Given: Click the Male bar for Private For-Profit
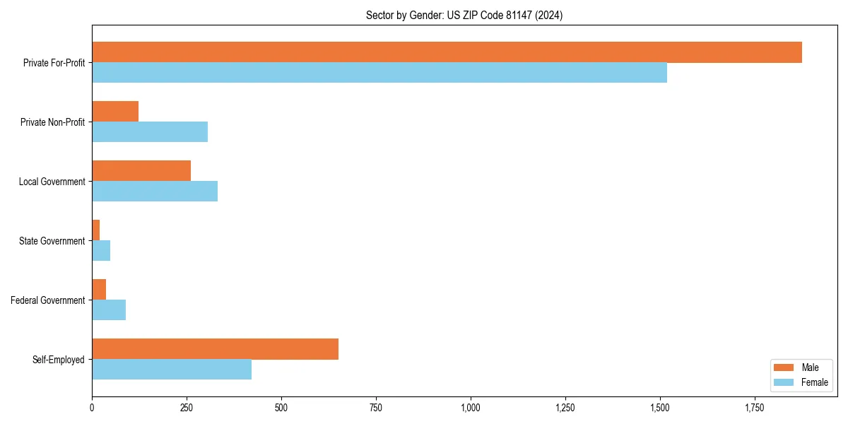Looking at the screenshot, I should (x=447, y=52).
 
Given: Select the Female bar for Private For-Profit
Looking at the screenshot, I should (x=379, y=73).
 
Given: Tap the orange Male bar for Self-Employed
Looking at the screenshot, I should (x=215, y=349).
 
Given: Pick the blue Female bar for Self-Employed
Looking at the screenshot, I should (x=172, y=370).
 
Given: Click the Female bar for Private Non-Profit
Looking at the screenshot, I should (x=150, y=132).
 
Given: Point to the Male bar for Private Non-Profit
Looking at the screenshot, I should (x=115, y=112).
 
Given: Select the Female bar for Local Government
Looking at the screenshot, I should (x=155, y=192).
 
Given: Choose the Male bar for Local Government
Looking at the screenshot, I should (x=141, y=171).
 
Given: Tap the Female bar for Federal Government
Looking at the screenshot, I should (x=109, y=310).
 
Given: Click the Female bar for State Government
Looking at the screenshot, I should (x=101, y=251).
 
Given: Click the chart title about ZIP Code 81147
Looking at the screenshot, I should (x=464, y=15).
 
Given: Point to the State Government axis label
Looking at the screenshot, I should (x=52, y=241).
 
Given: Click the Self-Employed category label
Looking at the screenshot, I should (x=58, y=360).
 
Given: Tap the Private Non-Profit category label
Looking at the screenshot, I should (x=52, y=122).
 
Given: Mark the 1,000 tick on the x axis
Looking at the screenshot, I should (x=471, y=408).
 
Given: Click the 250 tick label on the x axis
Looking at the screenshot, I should (x=187, y=408).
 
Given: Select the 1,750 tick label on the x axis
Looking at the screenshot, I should (x=754, y=408).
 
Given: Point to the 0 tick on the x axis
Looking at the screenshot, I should (x=92, y=408).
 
